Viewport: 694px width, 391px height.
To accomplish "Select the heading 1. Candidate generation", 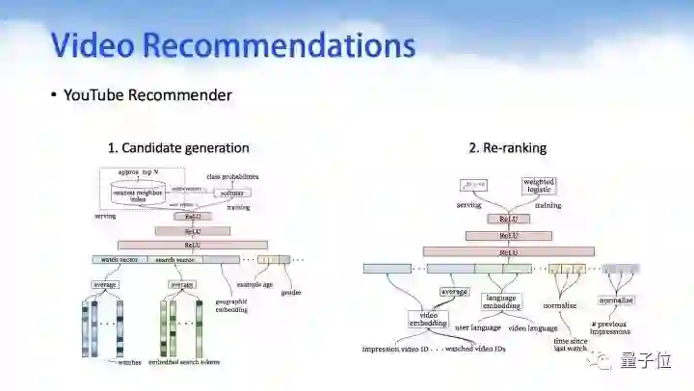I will (x=178, y=148).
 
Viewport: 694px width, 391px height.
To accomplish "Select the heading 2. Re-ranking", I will (x=508, y=148).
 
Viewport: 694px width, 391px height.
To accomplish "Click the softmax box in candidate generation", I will (x=231, y=193).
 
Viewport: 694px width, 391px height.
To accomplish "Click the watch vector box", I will (x=119, y=259).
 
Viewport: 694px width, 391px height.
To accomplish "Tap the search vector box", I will (x=173, y=259).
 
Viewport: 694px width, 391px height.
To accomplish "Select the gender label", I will (x=291, y=294).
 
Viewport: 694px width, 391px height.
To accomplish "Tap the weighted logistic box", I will (x=539, y=186).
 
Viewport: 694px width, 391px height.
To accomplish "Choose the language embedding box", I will (x=500, y=302).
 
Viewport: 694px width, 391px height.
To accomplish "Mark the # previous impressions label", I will (x=610, y=327).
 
